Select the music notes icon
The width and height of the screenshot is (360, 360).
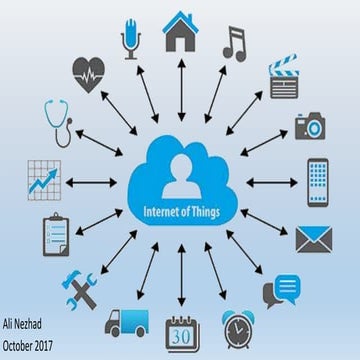click(234, 42)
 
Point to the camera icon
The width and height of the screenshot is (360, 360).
click(310, 126)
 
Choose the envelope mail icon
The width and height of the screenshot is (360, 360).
click(312, 238)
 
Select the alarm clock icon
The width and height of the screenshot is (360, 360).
click(238, 328)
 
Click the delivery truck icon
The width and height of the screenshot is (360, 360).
click(127, 322)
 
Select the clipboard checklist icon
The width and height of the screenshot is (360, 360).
click(54, 236)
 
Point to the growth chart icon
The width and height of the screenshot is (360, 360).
click(43, 178)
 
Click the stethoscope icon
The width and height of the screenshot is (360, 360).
click(56, 122)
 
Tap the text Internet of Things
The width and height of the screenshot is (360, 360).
click(182, 212)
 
